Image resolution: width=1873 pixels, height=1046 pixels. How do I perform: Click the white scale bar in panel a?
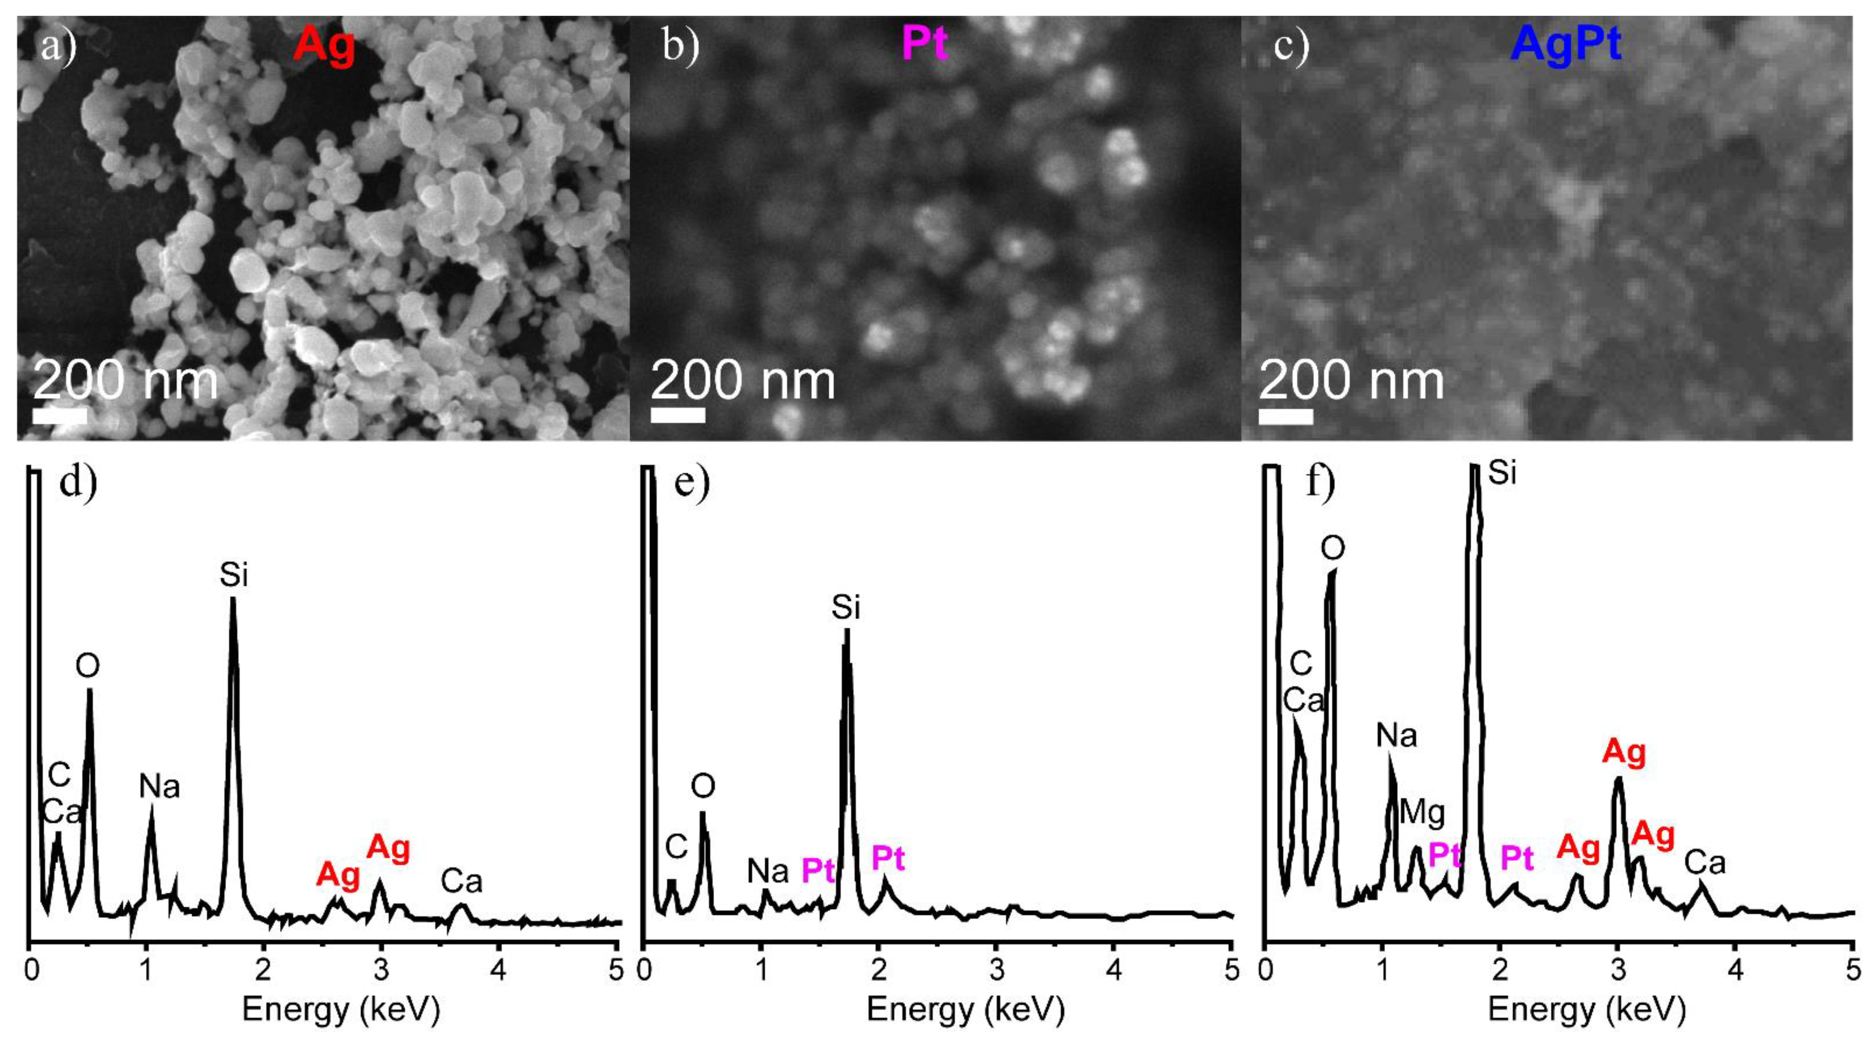tap(60, 416)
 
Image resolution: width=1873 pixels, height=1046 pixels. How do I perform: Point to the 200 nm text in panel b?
tap(742, 381)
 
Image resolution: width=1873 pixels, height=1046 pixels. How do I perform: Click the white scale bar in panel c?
tap(1285, 416)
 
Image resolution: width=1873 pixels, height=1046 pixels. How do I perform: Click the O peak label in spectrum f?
tap(1332, 549)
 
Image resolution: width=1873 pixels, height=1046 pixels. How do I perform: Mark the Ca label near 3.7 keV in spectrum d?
tap(462, 882)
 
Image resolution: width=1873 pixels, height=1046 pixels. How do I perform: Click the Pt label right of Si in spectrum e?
tap(888, 858)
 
